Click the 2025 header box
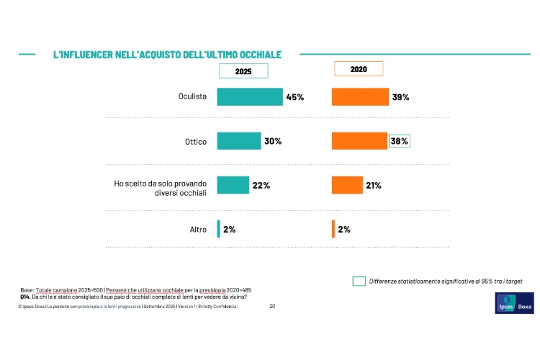[x=243, y=71]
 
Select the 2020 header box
[x=359, y=68]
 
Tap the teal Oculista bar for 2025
[x=250, y=96]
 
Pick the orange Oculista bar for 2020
[x=360, y=96]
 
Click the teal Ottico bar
[x=239, y=141]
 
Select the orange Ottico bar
[x=359, y=141]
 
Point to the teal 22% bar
[x=233, y=185]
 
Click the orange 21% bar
[x=347, y=185]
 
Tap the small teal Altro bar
[x=219, y=229]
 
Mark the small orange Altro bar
[x=333, y=229]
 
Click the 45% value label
[x=295, y=96]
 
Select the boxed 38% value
[x=400, y=141]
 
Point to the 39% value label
[x=400, y=96]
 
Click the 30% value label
[x=273, y=141]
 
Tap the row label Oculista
[x=193, y=97]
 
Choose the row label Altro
[x=198, y=230]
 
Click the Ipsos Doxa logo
[x=514, y=303]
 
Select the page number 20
[x=272, y=306]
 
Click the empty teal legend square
[x=359, y=281]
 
